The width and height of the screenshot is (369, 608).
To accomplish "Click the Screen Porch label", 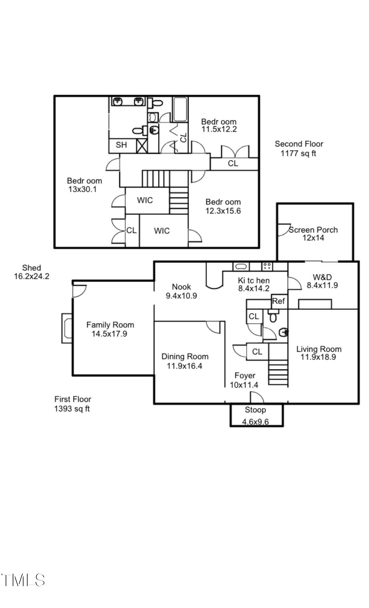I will [313, 230].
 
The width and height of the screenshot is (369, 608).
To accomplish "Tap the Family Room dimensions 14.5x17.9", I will [109, 334].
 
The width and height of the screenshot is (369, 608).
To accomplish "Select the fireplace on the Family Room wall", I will [67, 328].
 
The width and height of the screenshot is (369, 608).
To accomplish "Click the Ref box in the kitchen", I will [278, 301].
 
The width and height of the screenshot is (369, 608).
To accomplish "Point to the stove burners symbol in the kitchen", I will [267, 267].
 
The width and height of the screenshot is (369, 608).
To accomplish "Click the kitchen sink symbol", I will [241, 267].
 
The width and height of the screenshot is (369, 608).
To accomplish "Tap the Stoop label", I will [255, 410].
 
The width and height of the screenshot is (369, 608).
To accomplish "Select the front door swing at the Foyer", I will [257, 397].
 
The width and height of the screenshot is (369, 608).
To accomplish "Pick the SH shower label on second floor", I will [121, 145].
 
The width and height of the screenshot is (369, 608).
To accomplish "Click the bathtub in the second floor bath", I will [180, 109].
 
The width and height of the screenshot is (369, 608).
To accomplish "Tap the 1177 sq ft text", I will [298, 154].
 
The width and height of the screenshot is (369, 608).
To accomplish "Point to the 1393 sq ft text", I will [72, 409].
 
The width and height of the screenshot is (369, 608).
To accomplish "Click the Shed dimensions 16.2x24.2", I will [32, 276].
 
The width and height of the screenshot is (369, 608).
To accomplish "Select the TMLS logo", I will [23, 580].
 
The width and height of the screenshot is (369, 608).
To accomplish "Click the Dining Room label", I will [185, 356].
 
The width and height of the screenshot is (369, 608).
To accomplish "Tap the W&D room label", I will [322, 277].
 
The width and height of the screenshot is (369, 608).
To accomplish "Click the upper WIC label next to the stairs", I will [145, 200].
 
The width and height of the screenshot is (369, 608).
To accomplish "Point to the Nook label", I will [181, 287].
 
